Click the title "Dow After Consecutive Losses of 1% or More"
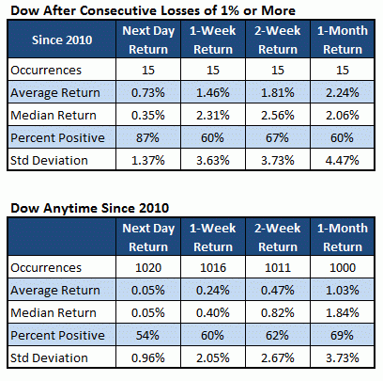tap(153, 10)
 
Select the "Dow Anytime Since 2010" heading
tap(90, 208)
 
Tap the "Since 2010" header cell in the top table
tap(62, 40)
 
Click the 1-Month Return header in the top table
tap(343, 40)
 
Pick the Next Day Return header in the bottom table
tap(148, 237)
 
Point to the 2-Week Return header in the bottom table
tap(278, 237)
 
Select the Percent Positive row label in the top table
tap(57, 137)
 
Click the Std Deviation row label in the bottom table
tap(49, 357)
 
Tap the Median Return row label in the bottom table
tap(54, 312)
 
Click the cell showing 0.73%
tap(148, 92)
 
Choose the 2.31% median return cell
tap(213, 115)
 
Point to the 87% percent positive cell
tap(148, 137)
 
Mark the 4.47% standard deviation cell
tap(343, 160)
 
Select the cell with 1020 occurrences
tap(148, 267)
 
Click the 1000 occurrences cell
tap(343, 267)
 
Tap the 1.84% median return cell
tap(343, 312)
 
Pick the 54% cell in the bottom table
tap(148, 335)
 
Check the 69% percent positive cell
tap(343, 335)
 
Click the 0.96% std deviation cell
tap(148, 357)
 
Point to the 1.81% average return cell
tap(278, 92)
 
